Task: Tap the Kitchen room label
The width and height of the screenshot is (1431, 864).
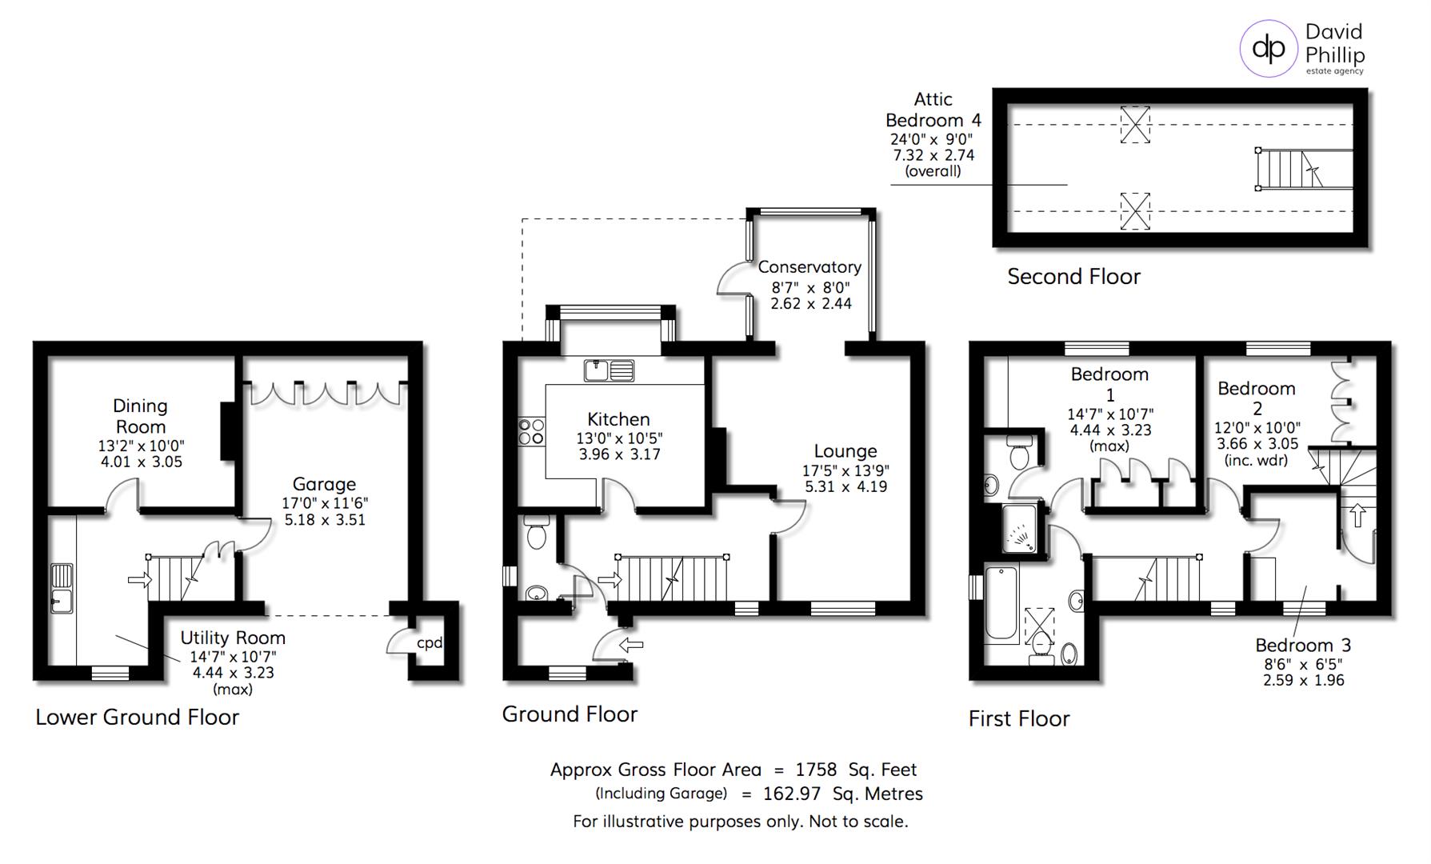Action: pos(618,419)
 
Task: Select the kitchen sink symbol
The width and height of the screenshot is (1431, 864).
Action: pos(609,370)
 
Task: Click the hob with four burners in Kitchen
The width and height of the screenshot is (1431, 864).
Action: pos(531,432)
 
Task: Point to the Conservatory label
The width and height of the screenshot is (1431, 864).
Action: pos(809,267)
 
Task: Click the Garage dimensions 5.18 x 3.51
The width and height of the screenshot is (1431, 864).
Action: pos(324,520)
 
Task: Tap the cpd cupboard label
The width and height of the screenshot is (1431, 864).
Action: pos(430,642)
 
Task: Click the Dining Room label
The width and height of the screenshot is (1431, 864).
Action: pos(140,416)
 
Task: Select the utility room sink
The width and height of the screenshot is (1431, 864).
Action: pos(62,588)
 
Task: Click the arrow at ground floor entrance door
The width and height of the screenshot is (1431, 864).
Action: pos(632,645)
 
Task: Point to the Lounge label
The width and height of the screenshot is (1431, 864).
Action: pos(845,451)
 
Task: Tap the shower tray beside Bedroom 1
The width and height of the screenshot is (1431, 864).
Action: pos(1020,529)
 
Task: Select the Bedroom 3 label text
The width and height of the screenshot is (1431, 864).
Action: pos(1303,645)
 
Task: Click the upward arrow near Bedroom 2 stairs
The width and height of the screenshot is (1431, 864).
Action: pos(1357,514)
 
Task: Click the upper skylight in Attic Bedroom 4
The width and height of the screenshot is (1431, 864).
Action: pos(1134,124)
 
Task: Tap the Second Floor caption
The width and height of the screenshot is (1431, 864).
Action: pos(1073,277)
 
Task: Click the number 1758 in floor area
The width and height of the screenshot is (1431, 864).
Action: pos(816,770)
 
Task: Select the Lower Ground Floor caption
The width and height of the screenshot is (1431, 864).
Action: pos(137,717)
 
